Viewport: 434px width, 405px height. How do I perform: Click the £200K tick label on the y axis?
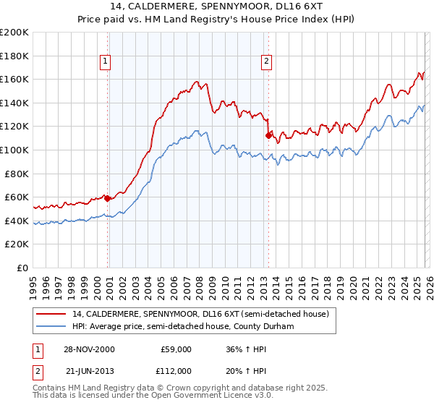pos(14,33)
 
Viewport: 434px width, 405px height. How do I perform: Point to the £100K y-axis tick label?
pos(14,150)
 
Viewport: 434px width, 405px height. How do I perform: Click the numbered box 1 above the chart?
pos(106,62)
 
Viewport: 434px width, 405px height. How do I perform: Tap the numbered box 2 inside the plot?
pos(267,62)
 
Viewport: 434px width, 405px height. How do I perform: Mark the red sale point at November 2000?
pos(108,198)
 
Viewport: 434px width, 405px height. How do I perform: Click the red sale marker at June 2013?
pos(268,135)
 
